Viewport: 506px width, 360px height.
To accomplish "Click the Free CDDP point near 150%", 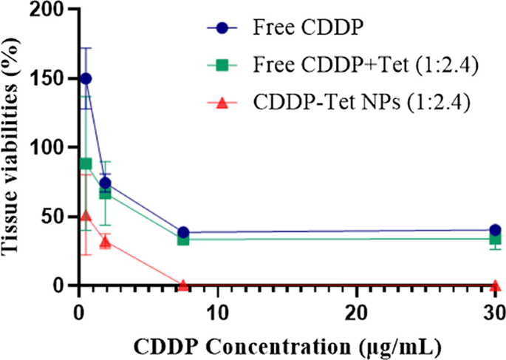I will point(86,78).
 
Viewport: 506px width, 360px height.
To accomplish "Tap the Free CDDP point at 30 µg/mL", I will point(495,230).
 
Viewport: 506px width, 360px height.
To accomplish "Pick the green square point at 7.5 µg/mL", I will point(182,240).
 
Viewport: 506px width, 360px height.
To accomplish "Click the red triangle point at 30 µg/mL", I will point(495,285).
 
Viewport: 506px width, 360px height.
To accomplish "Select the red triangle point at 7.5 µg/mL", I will point(182,285).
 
